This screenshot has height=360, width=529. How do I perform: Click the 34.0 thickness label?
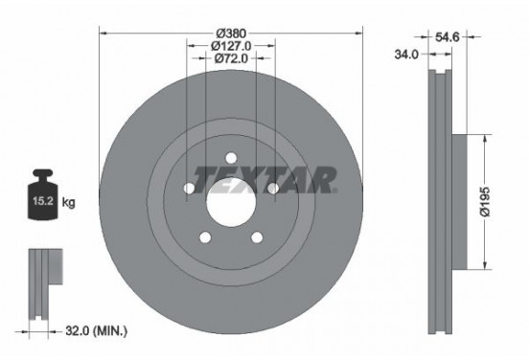[406, 54]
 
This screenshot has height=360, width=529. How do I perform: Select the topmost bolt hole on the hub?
[230, 159]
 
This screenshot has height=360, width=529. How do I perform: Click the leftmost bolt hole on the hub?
[188, 190]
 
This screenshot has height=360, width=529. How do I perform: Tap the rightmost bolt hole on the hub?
[273, 190]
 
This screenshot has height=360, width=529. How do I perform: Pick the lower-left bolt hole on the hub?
[204, 238]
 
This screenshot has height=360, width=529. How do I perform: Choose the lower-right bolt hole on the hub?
[257, 238]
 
